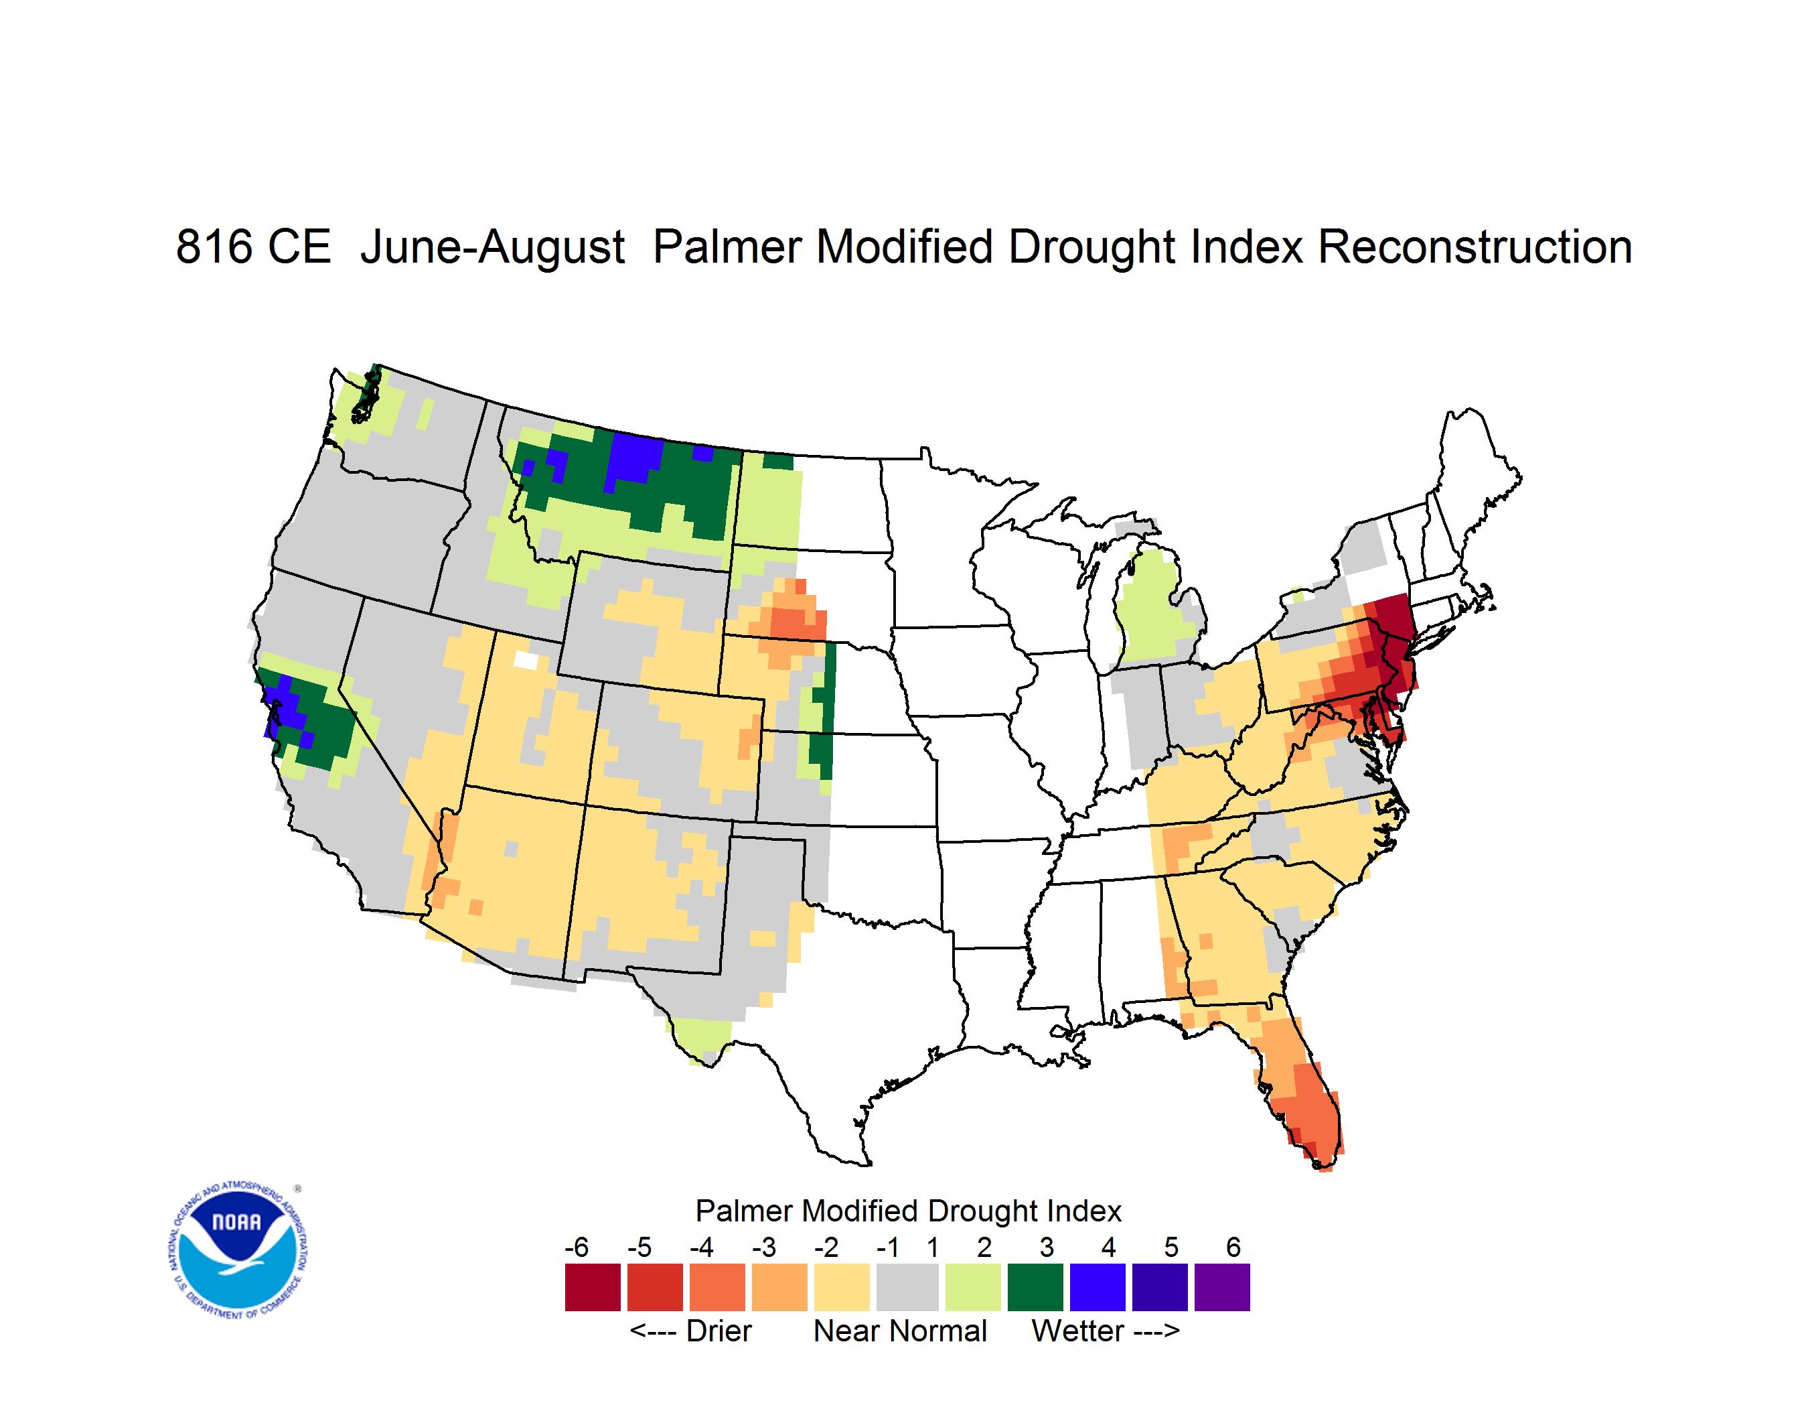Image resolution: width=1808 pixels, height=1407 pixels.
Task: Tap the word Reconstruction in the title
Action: click(x=1475, y=247)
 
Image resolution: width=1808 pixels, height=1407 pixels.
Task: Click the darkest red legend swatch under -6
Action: click(x=593, y=1287)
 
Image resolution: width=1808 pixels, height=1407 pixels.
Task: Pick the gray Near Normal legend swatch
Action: click(x=907, y=1287)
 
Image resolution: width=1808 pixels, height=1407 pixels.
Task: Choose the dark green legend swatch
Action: click(x=1035, y=1287)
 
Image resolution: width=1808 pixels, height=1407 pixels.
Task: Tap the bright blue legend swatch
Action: click(x=1098, y=1287)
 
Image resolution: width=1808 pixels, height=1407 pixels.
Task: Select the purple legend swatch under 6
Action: click(x=1222, y=1287)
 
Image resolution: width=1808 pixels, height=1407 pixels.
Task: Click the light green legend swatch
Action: click(x=973, y=1287)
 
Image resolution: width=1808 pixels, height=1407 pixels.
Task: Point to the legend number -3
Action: click(x=764, y=1247)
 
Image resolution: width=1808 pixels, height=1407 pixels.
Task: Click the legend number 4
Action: click(x=1108, y=1247)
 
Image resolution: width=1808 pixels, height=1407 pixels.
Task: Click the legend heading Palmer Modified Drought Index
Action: click(x=908, y=1211)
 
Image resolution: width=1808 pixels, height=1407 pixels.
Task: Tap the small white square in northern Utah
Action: click(x=526, y=660)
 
